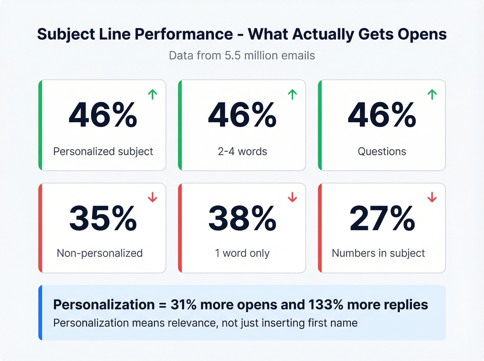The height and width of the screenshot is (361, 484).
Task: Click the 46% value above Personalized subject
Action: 103,115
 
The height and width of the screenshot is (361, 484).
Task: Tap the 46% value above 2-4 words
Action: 242,115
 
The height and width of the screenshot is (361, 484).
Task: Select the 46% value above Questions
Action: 382,115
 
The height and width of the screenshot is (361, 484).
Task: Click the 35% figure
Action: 103,218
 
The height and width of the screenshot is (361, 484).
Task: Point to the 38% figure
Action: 242,218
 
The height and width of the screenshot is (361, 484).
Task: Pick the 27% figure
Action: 382,218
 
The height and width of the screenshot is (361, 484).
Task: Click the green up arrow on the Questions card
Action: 432,94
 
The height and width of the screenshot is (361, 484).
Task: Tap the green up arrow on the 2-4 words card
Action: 292,94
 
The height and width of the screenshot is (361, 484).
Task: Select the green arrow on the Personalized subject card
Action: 152,94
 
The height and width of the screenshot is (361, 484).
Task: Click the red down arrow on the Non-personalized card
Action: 152,197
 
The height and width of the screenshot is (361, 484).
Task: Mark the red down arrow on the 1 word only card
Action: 292,197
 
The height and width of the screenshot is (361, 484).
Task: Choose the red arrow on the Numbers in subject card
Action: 432,197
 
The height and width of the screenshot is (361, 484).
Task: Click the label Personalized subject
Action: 103,151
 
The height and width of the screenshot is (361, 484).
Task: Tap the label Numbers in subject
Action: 378,253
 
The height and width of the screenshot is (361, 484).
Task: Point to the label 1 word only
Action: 242,253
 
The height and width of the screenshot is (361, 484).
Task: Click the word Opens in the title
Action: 422,34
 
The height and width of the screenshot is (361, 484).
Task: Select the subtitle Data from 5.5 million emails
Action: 242,55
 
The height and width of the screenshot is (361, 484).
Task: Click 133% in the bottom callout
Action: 326,305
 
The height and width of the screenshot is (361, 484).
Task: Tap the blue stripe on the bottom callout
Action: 40,313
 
